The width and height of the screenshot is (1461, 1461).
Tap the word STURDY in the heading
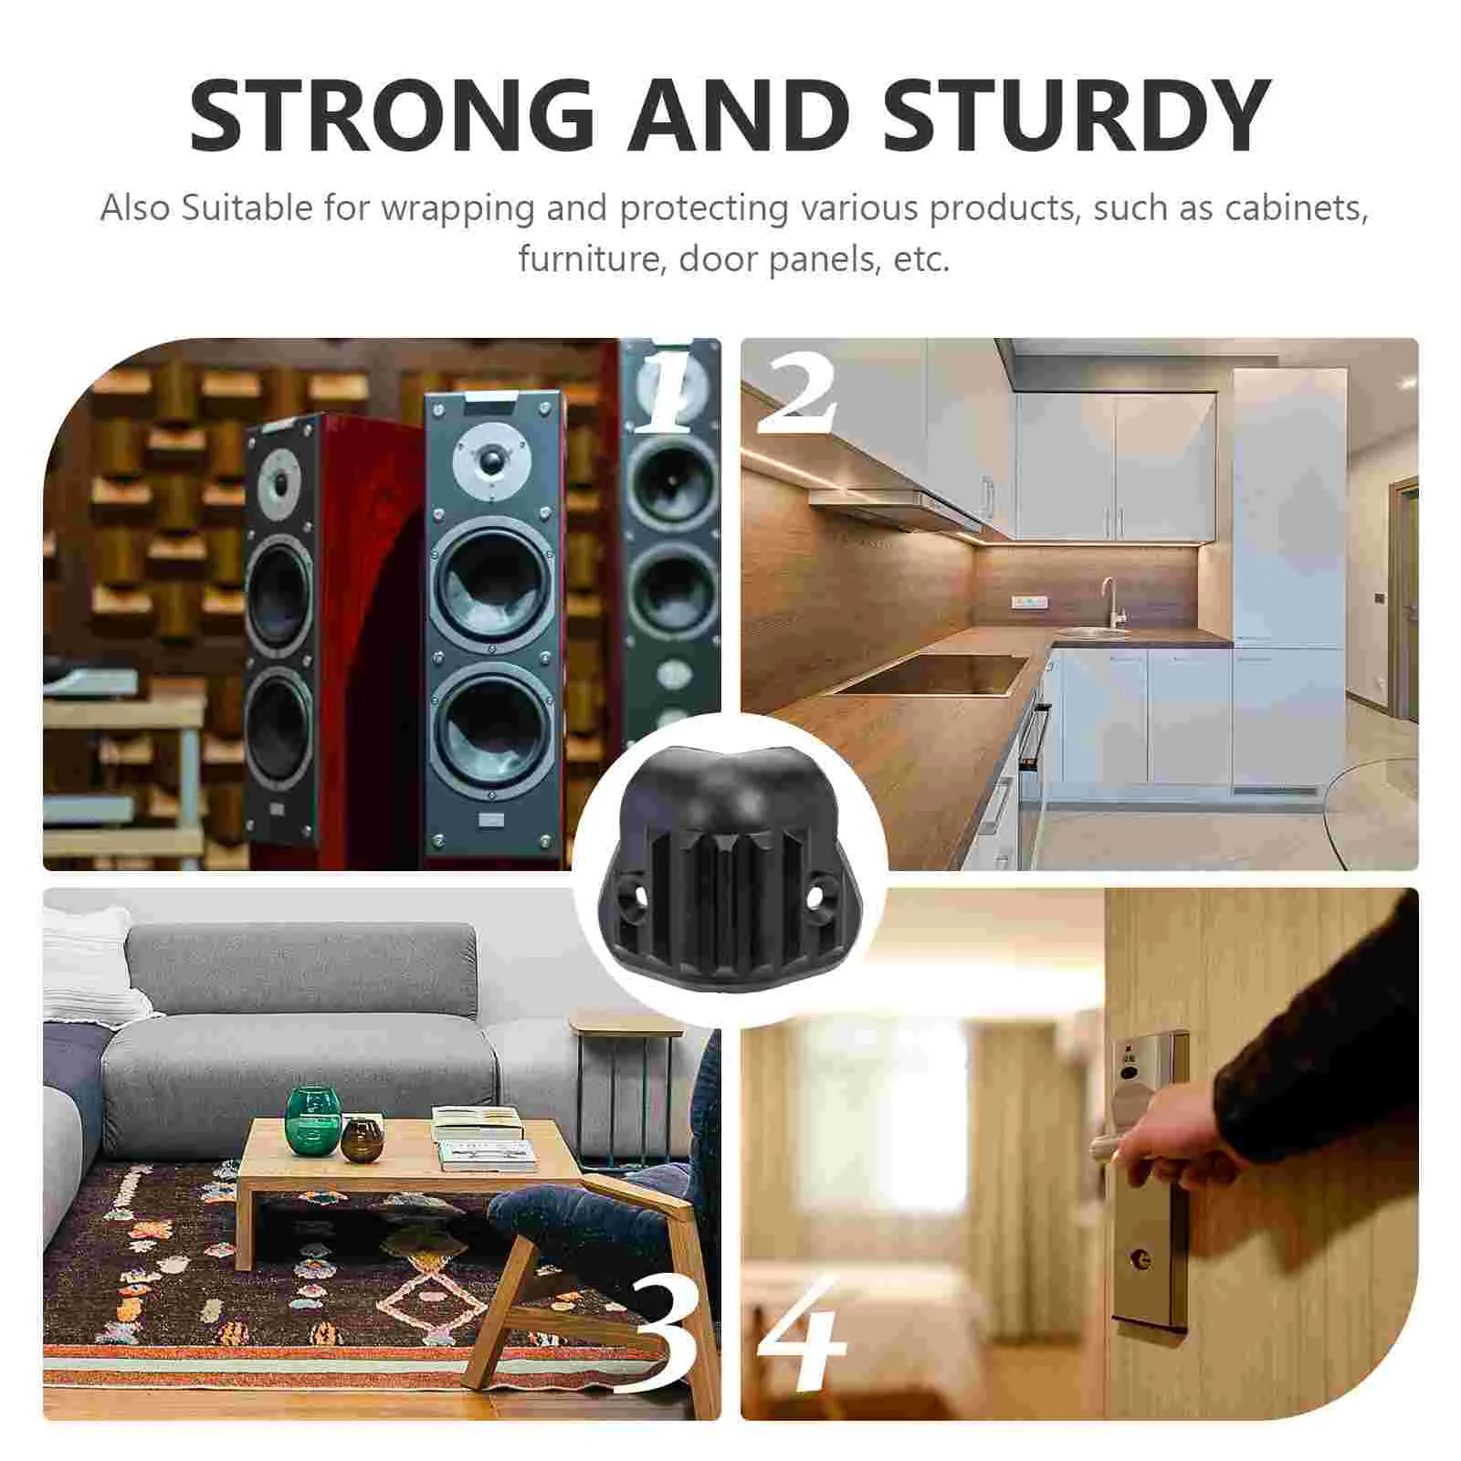coord(1077,116)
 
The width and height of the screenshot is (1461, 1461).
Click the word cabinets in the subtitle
coord(1296,208)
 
